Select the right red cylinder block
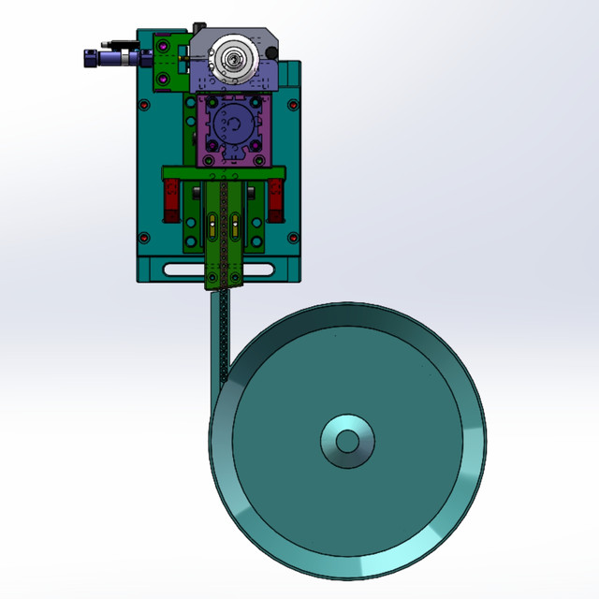pyautogui.click(x=276, y=200)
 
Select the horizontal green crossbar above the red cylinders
pyautogui.click(x=223, y=172)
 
